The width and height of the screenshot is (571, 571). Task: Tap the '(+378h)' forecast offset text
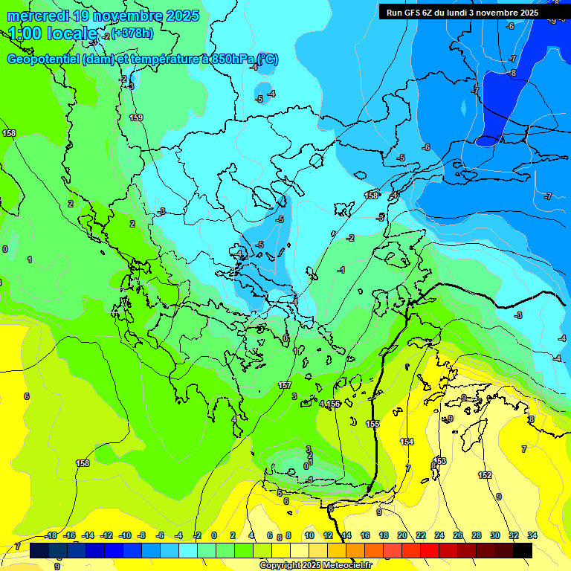tap(132, 32)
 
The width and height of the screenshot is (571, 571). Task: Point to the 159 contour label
tap(136, 117)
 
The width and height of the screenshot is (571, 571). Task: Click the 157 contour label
tap(285, 385)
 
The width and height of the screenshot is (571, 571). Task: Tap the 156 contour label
tap(334, 404)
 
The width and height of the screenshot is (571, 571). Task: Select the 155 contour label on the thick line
tap(372, 424)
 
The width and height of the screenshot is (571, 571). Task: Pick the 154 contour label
tap(407, 442)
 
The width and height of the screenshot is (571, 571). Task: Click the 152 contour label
tap(485, 475)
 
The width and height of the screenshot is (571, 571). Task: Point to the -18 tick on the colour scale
tap(51, 535)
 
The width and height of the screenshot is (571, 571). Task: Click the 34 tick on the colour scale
tap(532, 535)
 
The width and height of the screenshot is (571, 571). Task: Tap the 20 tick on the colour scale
tap(402, 535)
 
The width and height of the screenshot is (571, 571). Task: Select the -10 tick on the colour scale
tap(125, 535)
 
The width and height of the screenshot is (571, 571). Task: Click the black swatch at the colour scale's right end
tap(523, 550)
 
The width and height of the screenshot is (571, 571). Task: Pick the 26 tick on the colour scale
tap(458, 535)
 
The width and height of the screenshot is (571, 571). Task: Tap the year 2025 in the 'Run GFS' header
tap(525, 13)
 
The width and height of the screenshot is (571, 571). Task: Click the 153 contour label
tap(440, 461)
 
